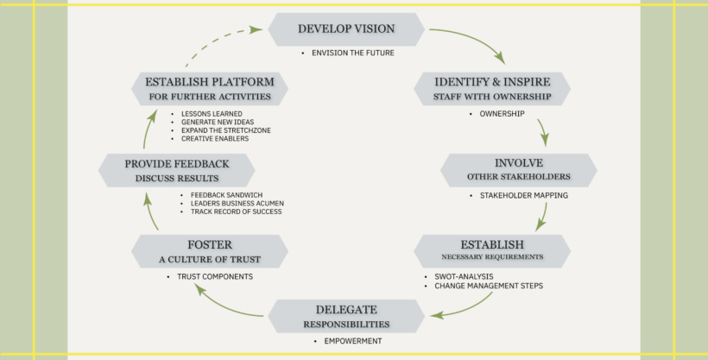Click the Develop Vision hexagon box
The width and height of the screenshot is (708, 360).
(346, 29)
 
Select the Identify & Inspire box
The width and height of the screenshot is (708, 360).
(492, 89)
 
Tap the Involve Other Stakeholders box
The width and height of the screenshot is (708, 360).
(519, 170)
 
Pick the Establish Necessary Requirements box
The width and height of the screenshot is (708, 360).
(492, 251)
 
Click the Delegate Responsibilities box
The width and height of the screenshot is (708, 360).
(346, 316)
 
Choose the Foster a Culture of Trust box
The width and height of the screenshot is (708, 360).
(210, 251)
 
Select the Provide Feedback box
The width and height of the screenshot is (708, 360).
(176, 170)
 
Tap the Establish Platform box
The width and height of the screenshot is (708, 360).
(210, 89)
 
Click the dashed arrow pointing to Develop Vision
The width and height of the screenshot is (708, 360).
(218, 39)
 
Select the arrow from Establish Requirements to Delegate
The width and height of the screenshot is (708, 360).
(466, 308)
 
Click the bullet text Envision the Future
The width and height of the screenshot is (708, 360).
(353, 53)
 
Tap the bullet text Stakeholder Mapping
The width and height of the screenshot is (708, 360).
(524, 196)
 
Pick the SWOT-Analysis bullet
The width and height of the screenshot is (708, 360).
(464, 276)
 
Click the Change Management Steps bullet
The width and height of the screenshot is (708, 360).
(489, 286)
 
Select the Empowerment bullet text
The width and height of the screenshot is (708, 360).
(353, 341)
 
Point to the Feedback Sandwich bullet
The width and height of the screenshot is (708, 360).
(227, 195)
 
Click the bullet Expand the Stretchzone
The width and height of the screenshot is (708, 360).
(226, 130)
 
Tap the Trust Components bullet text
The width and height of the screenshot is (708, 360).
(215, 276)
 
